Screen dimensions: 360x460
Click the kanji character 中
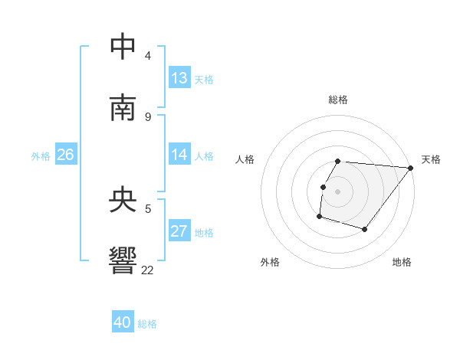(123, 46)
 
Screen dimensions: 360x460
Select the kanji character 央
(123, 200)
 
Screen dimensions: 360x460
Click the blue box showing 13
(179, 78)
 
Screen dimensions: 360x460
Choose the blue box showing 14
(179, 155)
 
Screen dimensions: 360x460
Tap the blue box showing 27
(179, 231)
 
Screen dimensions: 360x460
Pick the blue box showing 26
(65, 155)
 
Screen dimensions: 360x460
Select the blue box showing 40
(123, 322)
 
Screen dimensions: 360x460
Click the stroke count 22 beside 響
(148, 269)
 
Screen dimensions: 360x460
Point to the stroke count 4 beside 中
(148, 55)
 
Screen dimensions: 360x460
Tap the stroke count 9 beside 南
(148, 116)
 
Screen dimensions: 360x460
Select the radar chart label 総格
(338, 100)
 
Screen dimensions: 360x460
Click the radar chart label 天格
(431, 159)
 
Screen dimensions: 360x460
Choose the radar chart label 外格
(270, 262)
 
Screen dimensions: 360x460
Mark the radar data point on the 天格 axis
(411, 168)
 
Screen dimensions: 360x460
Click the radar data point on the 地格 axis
(365, 229)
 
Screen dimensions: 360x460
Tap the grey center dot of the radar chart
(338, 191)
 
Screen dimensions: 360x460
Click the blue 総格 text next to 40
(147, 324)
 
